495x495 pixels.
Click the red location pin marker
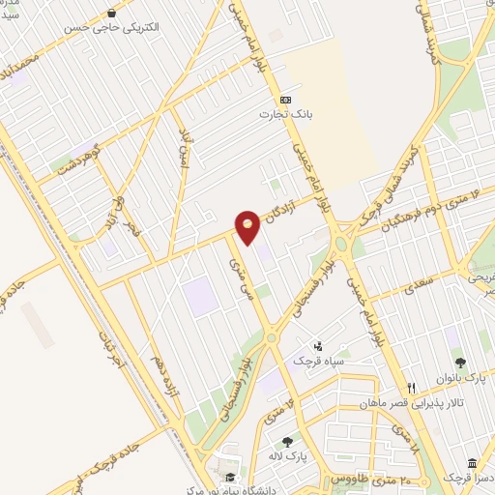pyautogui.click(x=247, y=226)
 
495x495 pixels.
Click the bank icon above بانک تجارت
pyautogui.click(x=285, y=99)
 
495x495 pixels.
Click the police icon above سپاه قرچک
pyautogui.click(x=318, y=345)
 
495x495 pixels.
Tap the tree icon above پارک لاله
pyautogui.click(x=286, y=442)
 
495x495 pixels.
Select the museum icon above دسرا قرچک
pyautogui.click(x=471, y=463)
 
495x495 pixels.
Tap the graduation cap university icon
pyautogui.click(x=229, y=478)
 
